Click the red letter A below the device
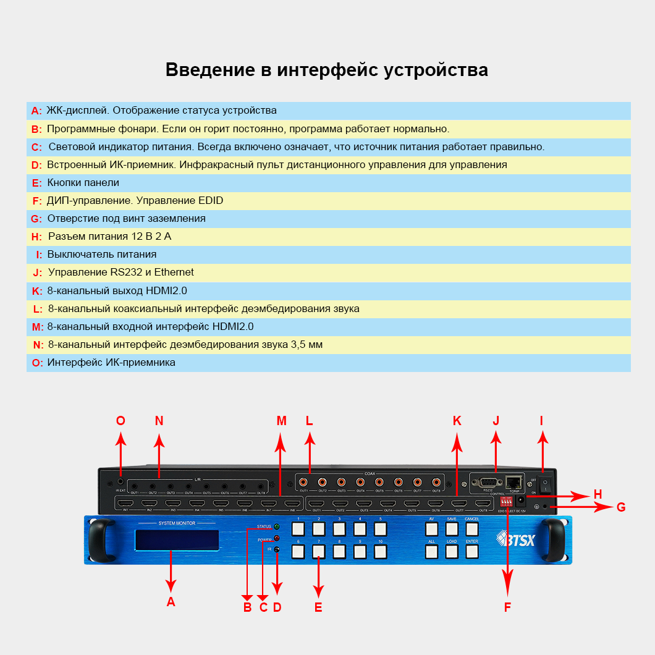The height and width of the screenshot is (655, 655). (x=171, y=601)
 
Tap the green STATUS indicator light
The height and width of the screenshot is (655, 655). (x=277, y=526)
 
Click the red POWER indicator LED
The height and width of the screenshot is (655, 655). (x=277, y=538)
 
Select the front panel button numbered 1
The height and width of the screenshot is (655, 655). (x=298, y=529)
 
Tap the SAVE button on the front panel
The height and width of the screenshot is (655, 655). (x=452, y=529)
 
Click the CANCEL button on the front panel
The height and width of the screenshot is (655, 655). (x=472, y=529)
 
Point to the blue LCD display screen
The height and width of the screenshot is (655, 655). (x=177, y=539)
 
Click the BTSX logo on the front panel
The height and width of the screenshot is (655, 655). (x=517, y=538)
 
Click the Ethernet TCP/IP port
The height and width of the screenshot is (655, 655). (x=513, y=482)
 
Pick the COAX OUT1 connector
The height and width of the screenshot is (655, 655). (x=303, y=482)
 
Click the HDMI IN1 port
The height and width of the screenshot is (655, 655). (x=125, y=503)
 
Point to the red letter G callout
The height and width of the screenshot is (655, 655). (x=621, y=507)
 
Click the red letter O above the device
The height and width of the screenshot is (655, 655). (x=120, y=421)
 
